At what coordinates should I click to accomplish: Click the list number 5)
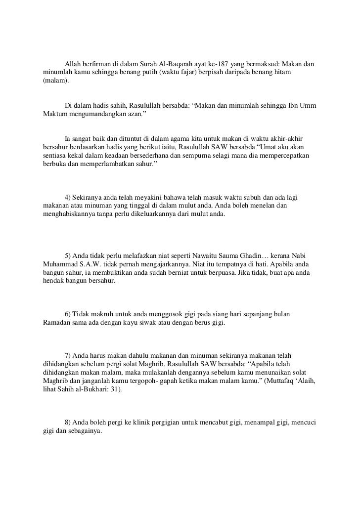pyautogui.click(x=68, y=255)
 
